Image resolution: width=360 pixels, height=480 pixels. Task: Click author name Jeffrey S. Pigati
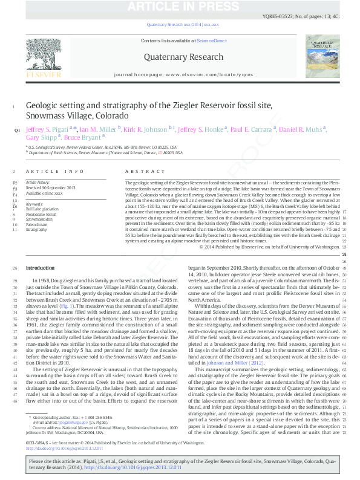pos(47,129)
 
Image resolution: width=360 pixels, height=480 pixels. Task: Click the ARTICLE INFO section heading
pos(57,172)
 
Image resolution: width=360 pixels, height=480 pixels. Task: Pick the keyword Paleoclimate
pos(36,224)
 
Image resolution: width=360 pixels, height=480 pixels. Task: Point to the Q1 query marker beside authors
pos(16,129)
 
